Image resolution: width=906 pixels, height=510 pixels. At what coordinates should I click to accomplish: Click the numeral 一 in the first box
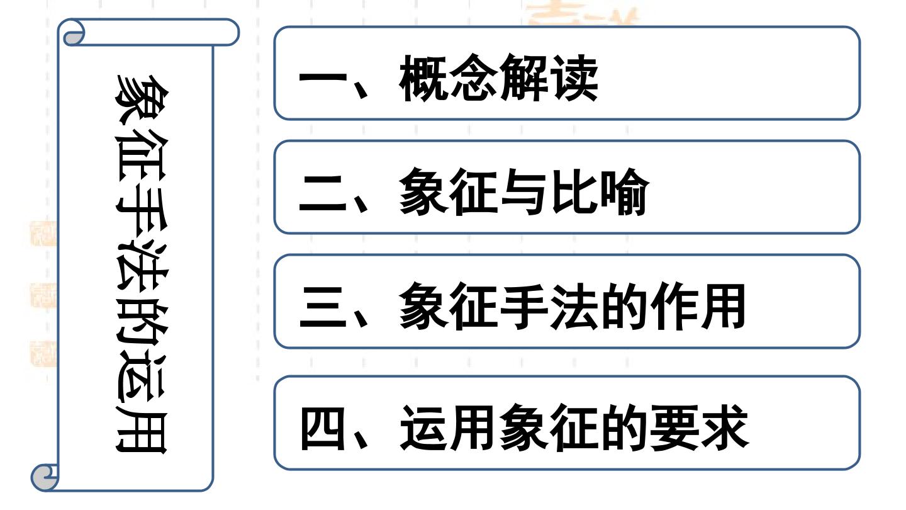pyautogui.click(x=323, y=77)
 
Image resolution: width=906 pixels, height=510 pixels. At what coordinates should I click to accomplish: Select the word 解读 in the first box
pyautogui.click(x=549, y=77)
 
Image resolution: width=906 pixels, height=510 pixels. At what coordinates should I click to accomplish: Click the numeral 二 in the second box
pyautogui.click(x=323, y=193)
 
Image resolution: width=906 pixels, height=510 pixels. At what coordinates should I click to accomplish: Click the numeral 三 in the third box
pyautogui.click(x=323, y=307)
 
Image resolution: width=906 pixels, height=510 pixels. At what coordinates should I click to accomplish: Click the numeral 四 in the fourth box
pyautogui.click(x=323, y=429)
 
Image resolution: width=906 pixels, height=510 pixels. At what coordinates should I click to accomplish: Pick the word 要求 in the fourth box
pyautogui.click(x=700, y=428)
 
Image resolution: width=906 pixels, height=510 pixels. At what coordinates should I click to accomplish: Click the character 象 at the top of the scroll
pyautogui.click(x=142, y=99)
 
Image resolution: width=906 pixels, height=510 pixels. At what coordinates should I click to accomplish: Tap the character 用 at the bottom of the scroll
pyautogui.click(x=142, y=433)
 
